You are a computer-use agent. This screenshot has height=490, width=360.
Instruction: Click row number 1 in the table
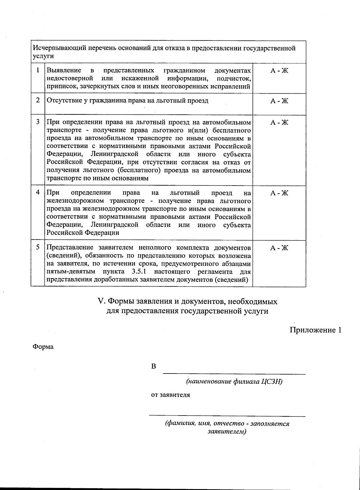click(38, 71)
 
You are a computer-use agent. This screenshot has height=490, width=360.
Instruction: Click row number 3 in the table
click(38, 122)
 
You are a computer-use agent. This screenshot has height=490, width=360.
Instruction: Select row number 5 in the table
click(38, 247)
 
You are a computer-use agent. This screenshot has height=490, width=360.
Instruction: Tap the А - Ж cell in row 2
click(279, 101)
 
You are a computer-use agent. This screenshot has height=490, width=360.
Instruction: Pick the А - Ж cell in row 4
click(279, 193)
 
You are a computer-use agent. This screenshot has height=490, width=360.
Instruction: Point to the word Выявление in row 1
click(64, 71)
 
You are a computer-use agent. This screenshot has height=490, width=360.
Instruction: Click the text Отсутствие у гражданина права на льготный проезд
click(127, 101)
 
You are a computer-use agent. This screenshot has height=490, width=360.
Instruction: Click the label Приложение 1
click(315, 330)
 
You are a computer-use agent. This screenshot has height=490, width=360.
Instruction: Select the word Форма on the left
click(43, 347)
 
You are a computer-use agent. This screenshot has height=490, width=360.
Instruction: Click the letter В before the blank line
click(154, 367)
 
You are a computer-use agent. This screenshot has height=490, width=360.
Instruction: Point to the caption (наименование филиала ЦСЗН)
click(234, 382)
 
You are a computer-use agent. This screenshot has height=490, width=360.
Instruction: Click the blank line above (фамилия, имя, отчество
click(227, 416)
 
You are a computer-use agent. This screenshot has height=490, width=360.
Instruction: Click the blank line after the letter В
click(234, 374)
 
